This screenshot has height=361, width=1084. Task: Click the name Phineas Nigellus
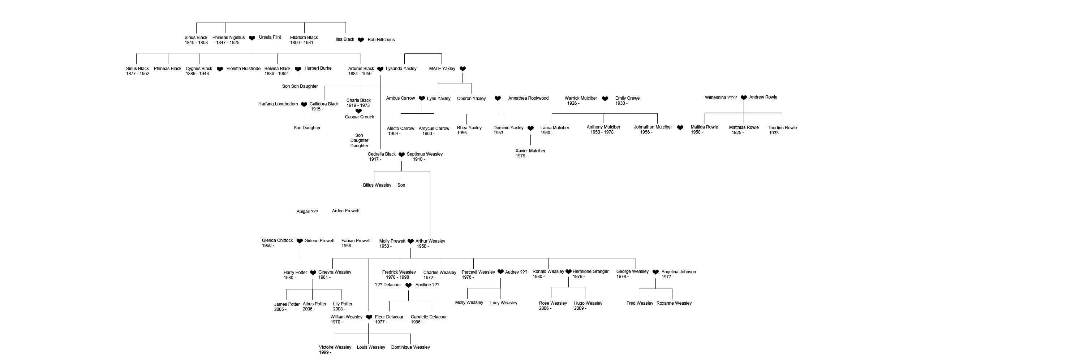pos(228,38)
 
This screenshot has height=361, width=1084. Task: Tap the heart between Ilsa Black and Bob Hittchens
pos(361,40)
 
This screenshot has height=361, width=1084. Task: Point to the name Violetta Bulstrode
pos(243,69)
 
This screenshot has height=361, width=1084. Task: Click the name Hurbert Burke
pos(318,68)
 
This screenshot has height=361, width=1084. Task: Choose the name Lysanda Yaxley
pos(401,69)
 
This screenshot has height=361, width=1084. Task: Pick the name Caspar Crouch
pos(360,117)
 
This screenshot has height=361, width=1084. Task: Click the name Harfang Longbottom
pos(278,104)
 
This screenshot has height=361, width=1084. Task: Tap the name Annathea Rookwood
pos(528,98)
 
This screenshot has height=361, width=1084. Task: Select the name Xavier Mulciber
pos(530,151)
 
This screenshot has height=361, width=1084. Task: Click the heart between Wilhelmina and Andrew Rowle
pos(744,97)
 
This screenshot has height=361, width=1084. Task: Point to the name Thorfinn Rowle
pos(782,128)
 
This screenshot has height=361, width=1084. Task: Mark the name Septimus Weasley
pos(425,154)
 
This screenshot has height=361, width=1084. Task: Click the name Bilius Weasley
pos(377,185)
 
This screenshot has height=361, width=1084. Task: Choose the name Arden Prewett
pos(345,211)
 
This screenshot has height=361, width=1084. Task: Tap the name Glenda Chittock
pos(277,240)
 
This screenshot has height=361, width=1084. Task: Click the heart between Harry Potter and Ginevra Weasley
pos(313,273)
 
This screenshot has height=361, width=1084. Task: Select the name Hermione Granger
pos(590,271)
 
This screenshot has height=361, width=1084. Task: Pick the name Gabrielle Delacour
pos(429,317)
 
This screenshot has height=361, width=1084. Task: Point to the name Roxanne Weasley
pos(674,303)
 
